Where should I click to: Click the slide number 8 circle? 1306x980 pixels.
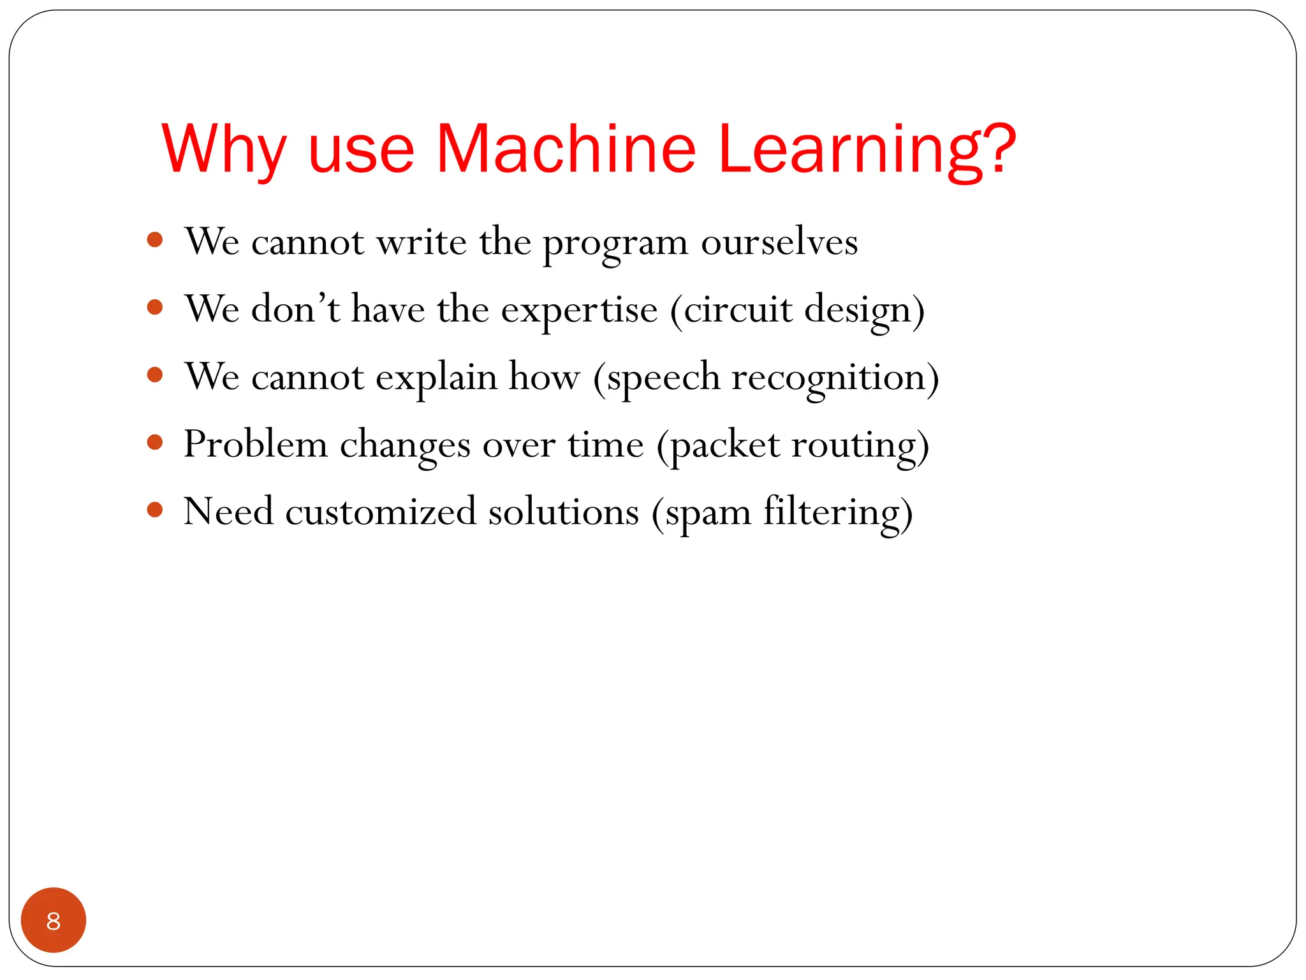click(x=54, y=920)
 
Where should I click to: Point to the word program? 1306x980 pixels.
click(x=615, y=243)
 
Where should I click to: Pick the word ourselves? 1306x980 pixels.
click(x=779, y=243)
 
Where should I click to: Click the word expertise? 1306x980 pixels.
click(x=579, y=311)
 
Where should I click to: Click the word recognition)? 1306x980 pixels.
click(x=835, y=378)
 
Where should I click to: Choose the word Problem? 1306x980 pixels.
click(x=255, y=445)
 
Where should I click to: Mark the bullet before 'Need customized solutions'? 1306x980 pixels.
click(x=155, y=510)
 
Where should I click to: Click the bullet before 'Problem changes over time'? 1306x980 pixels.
click(x=155, y=442)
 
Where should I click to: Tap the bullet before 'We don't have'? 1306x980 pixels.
click(x=155, y=308)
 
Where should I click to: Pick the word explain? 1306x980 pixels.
click(x=436, y=378)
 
